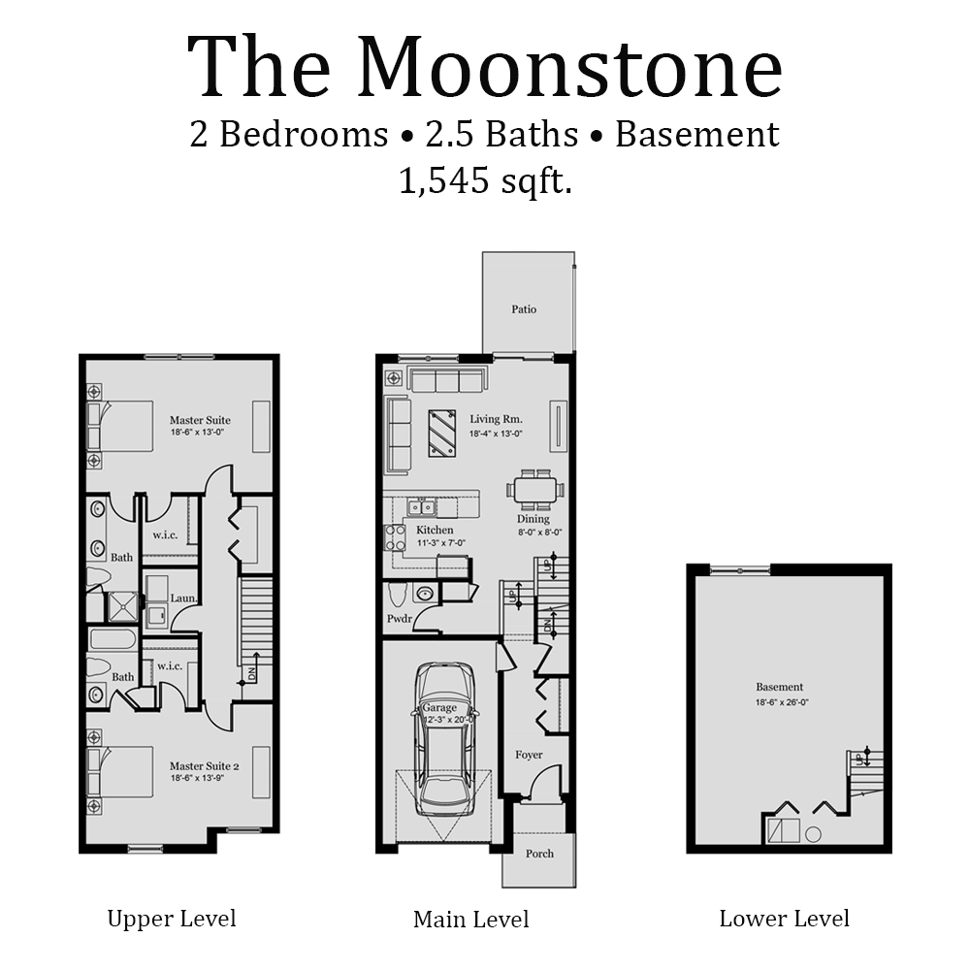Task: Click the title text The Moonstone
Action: tap(484, 67)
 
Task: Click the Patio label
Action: tap(524, 309)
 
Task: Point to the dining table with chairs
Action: tap(534, 489)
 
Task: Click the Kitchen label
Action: tap(435, 531)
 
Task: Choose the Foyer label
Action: tap(529, 755)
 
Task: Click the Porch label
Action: tap(539, 854)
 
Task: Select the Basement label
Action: tap(780, 687)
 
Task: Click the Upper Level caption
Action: tap(172, 918)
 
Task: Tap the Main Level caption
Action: tap(471, 919)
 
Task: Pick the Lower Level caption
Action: tap(784, 918)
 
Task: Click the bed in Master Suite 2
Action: tap(120, 771)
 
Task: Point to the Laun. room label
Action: tap(184, 599)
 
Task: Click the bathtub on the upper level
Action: tap(113, 639)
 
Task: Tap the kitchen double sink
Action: tap(421, 506)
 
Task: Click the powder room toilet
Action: tap(396, 593)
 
